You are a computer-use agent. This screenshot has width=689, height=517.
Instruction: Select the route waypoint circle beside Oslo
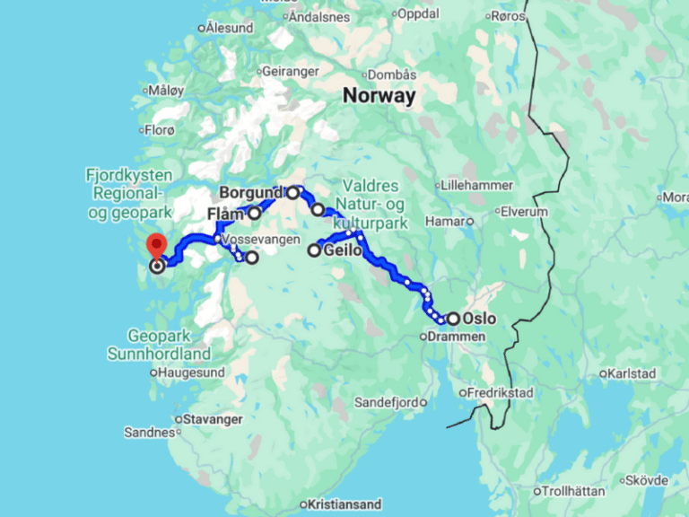pyautogui.click(x=454, y=319)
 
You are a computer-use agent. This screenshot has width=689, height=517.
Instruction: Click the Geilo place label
pyautogui.click(x=344, y=251)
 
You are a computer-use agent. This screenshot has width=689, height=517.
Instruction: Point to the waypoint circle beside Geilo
pyautogui.click(x=315, y=251)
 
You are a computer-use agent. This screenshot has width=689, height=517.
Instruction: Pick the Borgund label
pyautogui.click(x=251, y=192)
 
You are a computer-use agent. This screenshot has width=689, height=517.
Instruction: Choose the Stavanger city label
pyautogui.click(x=213, y=418)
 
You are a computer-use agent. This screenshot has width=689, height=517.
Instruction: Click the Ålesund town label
pyautogui.click(x=230, y=28)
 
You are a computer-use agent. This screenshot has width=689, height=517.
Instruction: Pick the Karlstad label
pyautogui.click(x=632, y=372)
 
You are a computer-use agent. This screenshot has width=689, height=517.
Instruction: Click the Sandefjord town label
pyautogui.click(x=388, y=401)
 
